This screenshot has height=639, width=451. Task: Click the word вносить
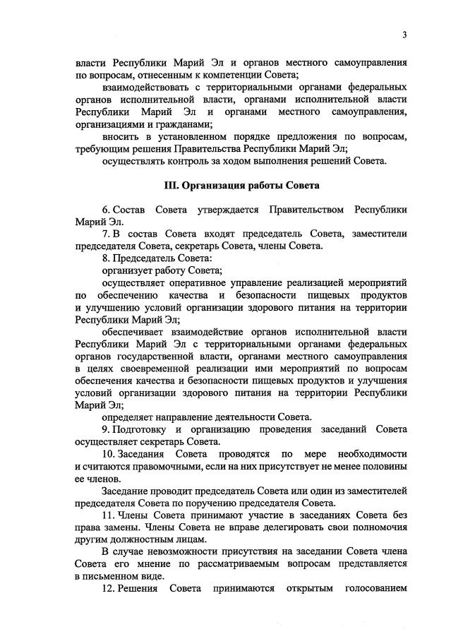pyautogui.click(x=121, y=136)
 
